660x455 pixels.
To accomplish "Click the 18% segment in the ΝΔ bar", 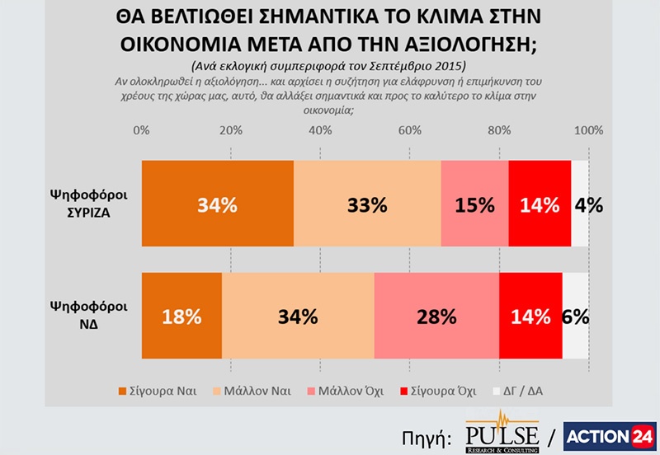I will (x=182, y=316).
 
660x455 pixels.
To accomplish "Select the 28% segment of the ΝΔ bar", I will (x=436, y=316).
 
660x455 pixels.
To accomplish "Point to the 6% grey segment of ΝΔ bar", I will (x=576, y=316).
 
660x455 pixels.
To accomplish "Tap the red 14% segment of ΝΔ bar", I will (x=530, y=316).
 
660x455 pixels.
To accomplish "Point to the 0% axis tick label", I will (x=141, y=130).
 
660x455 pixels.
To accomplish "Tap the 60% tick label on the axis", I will (x=409, y=130).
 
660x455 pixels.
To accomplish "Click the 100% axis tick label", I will (x=588, y=130).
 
